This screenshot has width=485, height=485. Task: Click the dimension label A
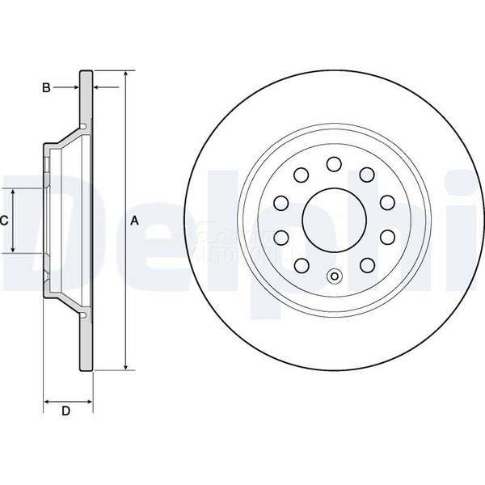point(135,221)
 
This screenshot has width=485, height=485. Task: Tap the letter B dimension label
point(47,86)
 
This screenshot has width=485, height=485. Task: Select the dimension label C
point(4,220)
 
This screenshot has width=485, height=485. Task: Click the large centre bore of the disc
point(334,219)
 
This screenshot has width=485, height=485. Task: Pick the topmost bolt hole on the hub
point(333,164)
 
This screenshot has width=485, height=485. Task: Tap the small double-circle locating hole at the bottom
point(334,278)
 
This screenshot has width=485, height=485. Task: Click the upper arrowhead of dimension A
point(126,75)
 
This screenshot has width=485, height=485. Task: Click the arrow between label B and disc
point(74,86)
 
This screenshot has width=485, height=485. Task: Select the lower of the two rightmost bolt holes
point(386,236)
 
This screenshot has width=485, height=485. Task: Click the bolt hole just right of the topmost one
point(366,175)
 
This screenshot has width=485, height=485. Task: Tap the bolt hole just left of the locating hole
point(302,264)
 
